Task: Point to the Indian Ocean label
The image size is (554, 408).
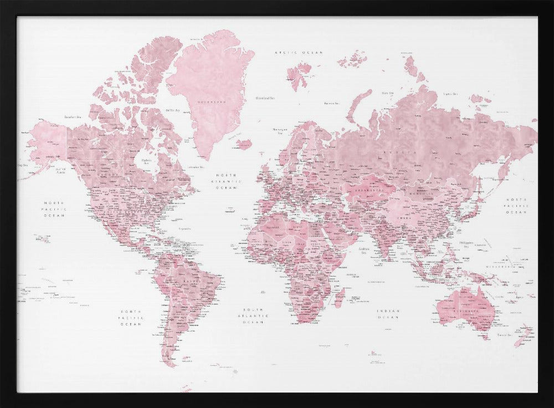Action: (x=388, y=314)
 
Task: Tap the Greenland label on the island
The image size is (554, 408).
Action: (x=213, y=102)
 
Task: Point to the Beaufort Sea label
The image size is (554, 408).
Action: (x=73, y=116)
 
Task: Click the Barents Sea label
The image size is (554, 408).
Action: (x=332, y=103)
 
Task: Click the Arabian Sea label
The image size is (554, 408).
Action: (x=364, y=250)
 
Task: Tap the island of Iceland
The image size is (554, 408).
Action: (x=244, y=144)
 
